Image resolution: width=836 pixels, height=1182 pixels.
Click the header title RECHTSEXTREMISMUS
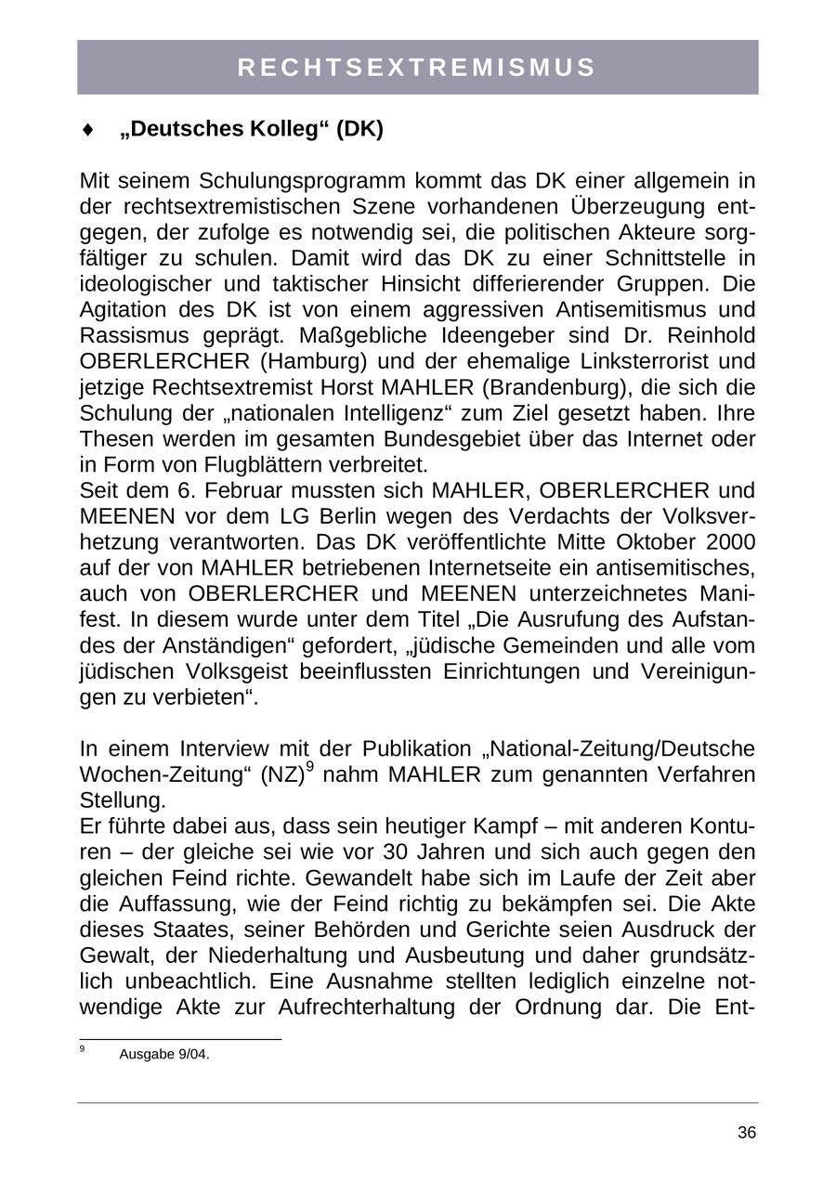(x=417, y=68)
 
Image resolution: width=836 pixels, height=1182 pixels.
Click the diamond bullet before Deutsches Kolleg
(x=88, y=130)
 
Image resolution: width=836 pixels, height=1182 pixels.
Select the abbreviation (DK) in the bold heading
(x=359, y=129)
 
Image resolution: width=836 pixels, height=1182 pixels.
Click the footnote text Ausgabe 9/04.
(x=164, y=1054)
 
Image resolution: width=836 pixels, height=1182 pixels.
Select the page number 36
(x=747, y=1133)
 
